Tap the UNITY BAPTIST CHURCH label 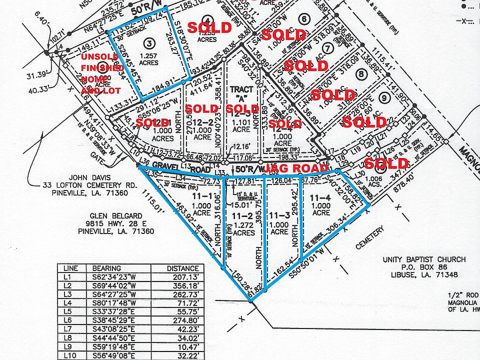(424, 259)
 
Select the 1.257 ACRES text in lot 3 (149, 59)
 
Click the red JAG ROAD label (297, 167)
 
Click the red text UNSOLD (100, 57)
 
